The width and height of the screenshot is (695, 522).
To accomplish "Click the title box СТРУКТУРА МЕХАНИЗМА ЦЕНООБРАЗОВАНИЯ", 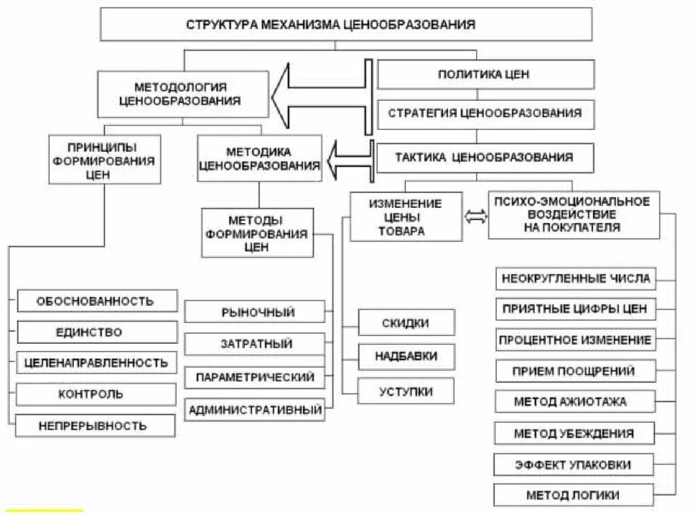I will point(346,24).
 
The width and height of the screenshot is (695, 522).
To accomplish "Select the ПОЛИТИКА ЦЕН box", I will point(485,74).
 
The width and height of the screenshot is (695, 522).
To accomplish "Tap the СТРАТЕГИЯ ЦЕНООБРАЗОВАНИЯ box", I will point(485,114).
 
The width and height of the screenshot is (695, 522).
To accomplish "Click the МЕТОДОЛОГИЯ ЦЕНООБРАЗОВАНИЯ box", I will point(181,94).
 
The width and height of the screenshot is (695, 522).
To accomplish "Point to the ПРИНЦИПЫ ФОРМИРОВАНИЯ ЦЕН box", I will point(105,159).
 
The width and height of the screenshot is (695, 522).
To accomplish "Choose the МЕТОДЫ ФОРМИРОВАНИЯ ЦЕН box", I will point(257,232).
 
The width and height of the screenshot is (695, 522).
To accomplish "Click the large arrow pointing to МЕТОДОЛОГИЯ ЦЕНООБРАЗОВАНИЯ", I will point(319,95).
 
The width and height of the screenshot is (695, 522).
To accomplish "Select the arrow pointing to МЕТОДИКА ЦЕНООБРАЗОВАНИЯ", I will point(350,160).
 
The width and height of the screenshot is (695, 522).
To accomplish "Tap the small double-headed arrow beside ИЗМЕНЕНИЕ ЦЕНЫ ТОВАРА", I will point(475,216).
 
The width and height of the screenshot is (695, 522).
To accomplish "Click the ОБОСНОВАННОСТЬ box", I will point(96,300).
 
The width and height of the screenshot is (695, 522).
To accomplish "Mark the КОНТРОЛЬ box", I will point(96,394).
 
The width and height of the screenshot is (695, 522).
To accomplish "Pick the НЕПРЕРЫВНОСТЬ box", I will point(96,426).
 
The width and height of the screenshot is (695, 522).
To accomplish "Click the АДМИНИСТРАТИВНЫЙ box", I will point(255,410).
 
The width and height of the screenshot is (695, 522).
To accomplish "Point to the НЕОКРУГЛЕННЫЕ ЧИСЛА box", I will point(576,279).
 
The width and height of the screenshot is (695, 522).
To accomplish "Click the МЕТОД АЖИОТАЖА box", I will point(575,402).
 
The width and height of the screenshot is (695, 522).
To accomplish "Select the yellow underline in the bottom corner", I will point(44,510).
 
